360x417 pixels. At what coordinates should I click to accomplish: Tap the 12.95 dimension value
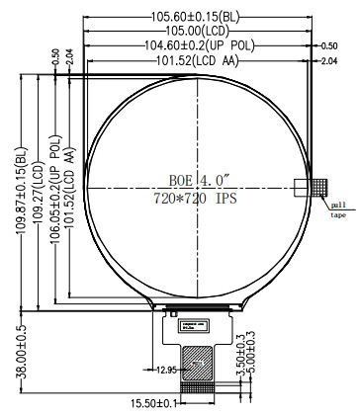click(x=166, y=371)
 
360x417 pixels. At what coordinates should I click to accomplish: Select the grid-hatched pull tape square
click(x=318, y=186)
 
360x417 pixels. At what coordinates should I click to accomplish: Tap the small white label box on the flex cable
click(x=191, y=323)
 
